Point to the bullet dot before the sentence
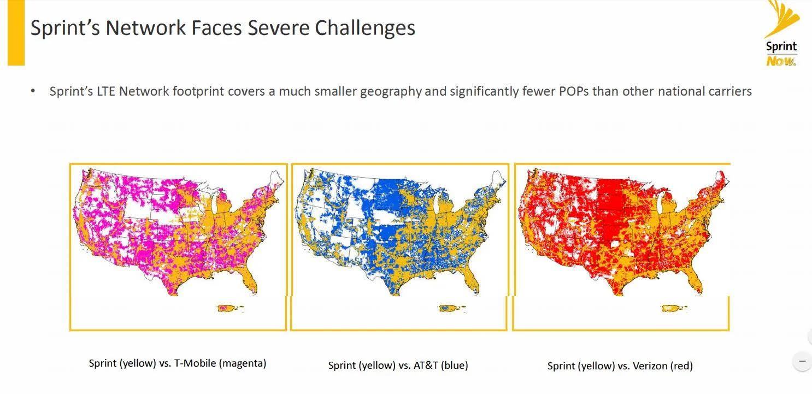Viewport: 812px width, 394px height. tap(33, 91)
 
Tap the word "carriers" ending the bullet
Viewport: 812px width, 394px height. tap(728, 91)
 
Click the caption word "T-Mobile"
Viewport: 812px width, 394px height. tap(195, 363)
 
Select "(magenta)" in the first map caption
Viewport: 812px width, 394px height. tap(243, 363)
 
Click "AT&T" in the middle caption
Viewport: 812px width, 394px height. tap(426, 365)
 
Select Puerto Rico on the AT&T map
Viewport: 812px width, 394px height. tap(451, 308)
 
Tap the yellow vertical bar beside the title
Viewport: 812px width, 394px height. tap(16, 33)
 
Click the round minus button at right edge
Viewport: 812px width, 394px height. tap(803, 361)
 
